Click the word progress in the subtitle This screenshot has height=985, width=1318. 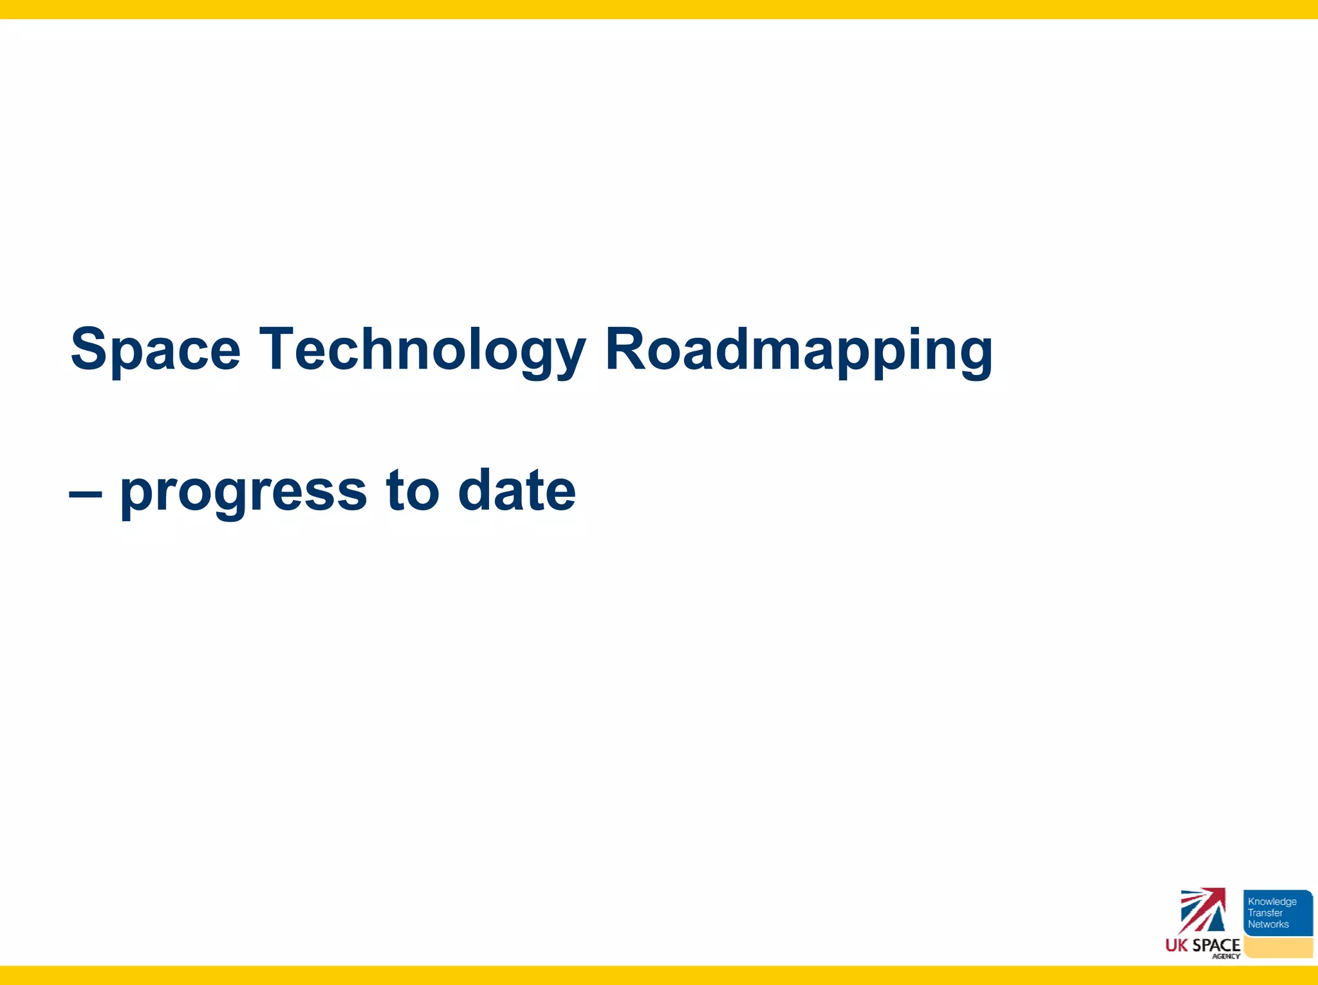pyautogui.click(x=243, y=492)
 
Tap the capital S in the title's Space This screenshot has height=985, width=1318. pyautogui.click(x=89, y=349)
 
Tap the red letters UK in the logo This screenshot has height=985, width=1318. pyautogui.click(x=1176, y=945)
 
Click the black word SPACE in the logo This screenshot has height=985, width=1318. pyautogui.click(x=1216, y=945)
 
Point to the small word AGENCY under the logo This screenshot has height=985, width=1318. pyautogui.click(x=1225, y=956)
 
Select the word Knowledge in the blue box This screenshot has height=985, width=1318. pyautogui.click(x=1272, y=901)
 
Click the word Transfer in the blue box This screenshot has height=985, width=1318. pyautogui.click(x=1265, y=913)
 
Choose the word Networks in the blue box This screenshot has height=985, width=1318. pyautogui.click(x=1268, y=925)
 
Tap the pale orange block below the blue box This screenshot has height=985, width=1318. pyautogui.click(x=1278, y=947)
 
